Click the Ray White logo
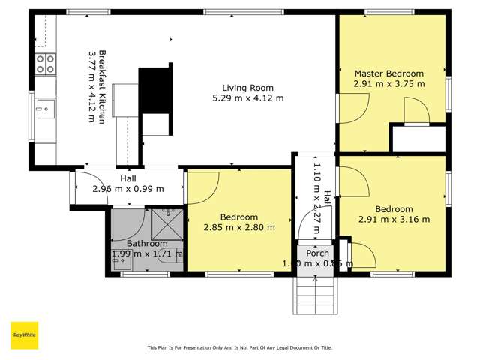click(x=24, y=335)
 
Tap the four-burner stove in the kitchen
click(x=45, y=63)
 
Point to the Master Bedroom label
click(x=388, y=73)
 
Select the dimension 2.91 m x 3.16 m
click(x=394, y=220)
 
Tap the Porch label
click(x=317, y=253)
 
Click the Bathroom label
click(x=146, y=244)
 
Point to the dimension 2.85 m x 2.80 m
click(x=239, y=227)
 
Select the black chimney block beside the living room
click(x=156, y=89)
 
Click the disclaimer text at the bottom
click(x=239, y=347)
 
